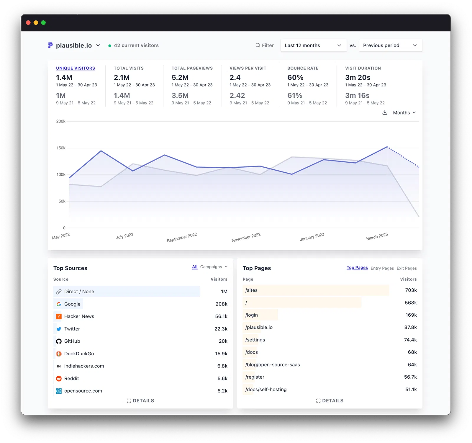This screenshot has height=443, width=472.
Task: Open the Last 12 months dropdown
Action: (x=313, y=45)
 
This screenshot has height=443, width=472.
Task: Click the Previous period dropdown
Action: (x=390, y=45)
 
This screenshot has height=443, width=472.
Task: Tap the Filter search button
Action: (x=265, y=45)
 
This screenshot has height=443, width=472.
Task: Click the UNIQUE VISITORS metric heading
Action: (x=76, y=68)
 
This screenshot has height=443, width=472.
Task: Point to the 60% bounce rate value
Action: (x=295, y=78)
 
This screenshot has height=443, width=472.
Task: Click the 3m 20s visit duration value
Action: (x=358, y=78)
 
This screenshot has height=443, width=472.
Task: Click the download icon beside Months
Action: (x=385, y=112)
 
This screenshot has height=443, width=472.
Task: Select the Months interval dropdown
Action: (x=404, y=113)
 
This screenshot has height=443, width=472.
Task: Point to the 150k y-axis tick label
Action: (x=61, y=148)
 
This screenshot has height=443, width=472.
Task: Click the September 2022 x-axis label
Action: (x=182, y=238)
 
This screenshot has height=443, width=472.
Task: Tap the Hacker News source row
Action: (x=79, y=316)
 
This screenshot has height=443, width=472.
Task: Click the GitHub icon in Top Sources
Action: (x=59, y=341)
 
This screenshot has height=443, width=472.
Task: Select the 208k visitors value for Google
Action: (x=221, y=304)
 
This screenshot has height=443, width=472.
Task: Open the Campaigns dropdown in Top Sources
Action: (x=214, y=267)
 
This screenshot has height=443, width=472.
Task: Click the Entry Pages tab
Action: (x=382, y=268)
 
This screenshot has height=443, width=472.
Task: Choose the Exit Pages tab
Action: (x=407, y=268)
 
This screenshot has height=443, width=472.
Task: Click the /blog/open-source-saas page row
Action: (x=272, y=365)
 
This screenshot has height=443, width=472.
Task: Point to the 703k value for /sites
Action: (x=411, y=290)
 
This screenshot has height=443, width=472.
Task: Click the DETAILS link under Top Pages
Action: (x=330, y=401)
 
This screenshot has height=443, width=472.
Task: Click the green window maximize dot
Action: (x=43, y=23)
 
